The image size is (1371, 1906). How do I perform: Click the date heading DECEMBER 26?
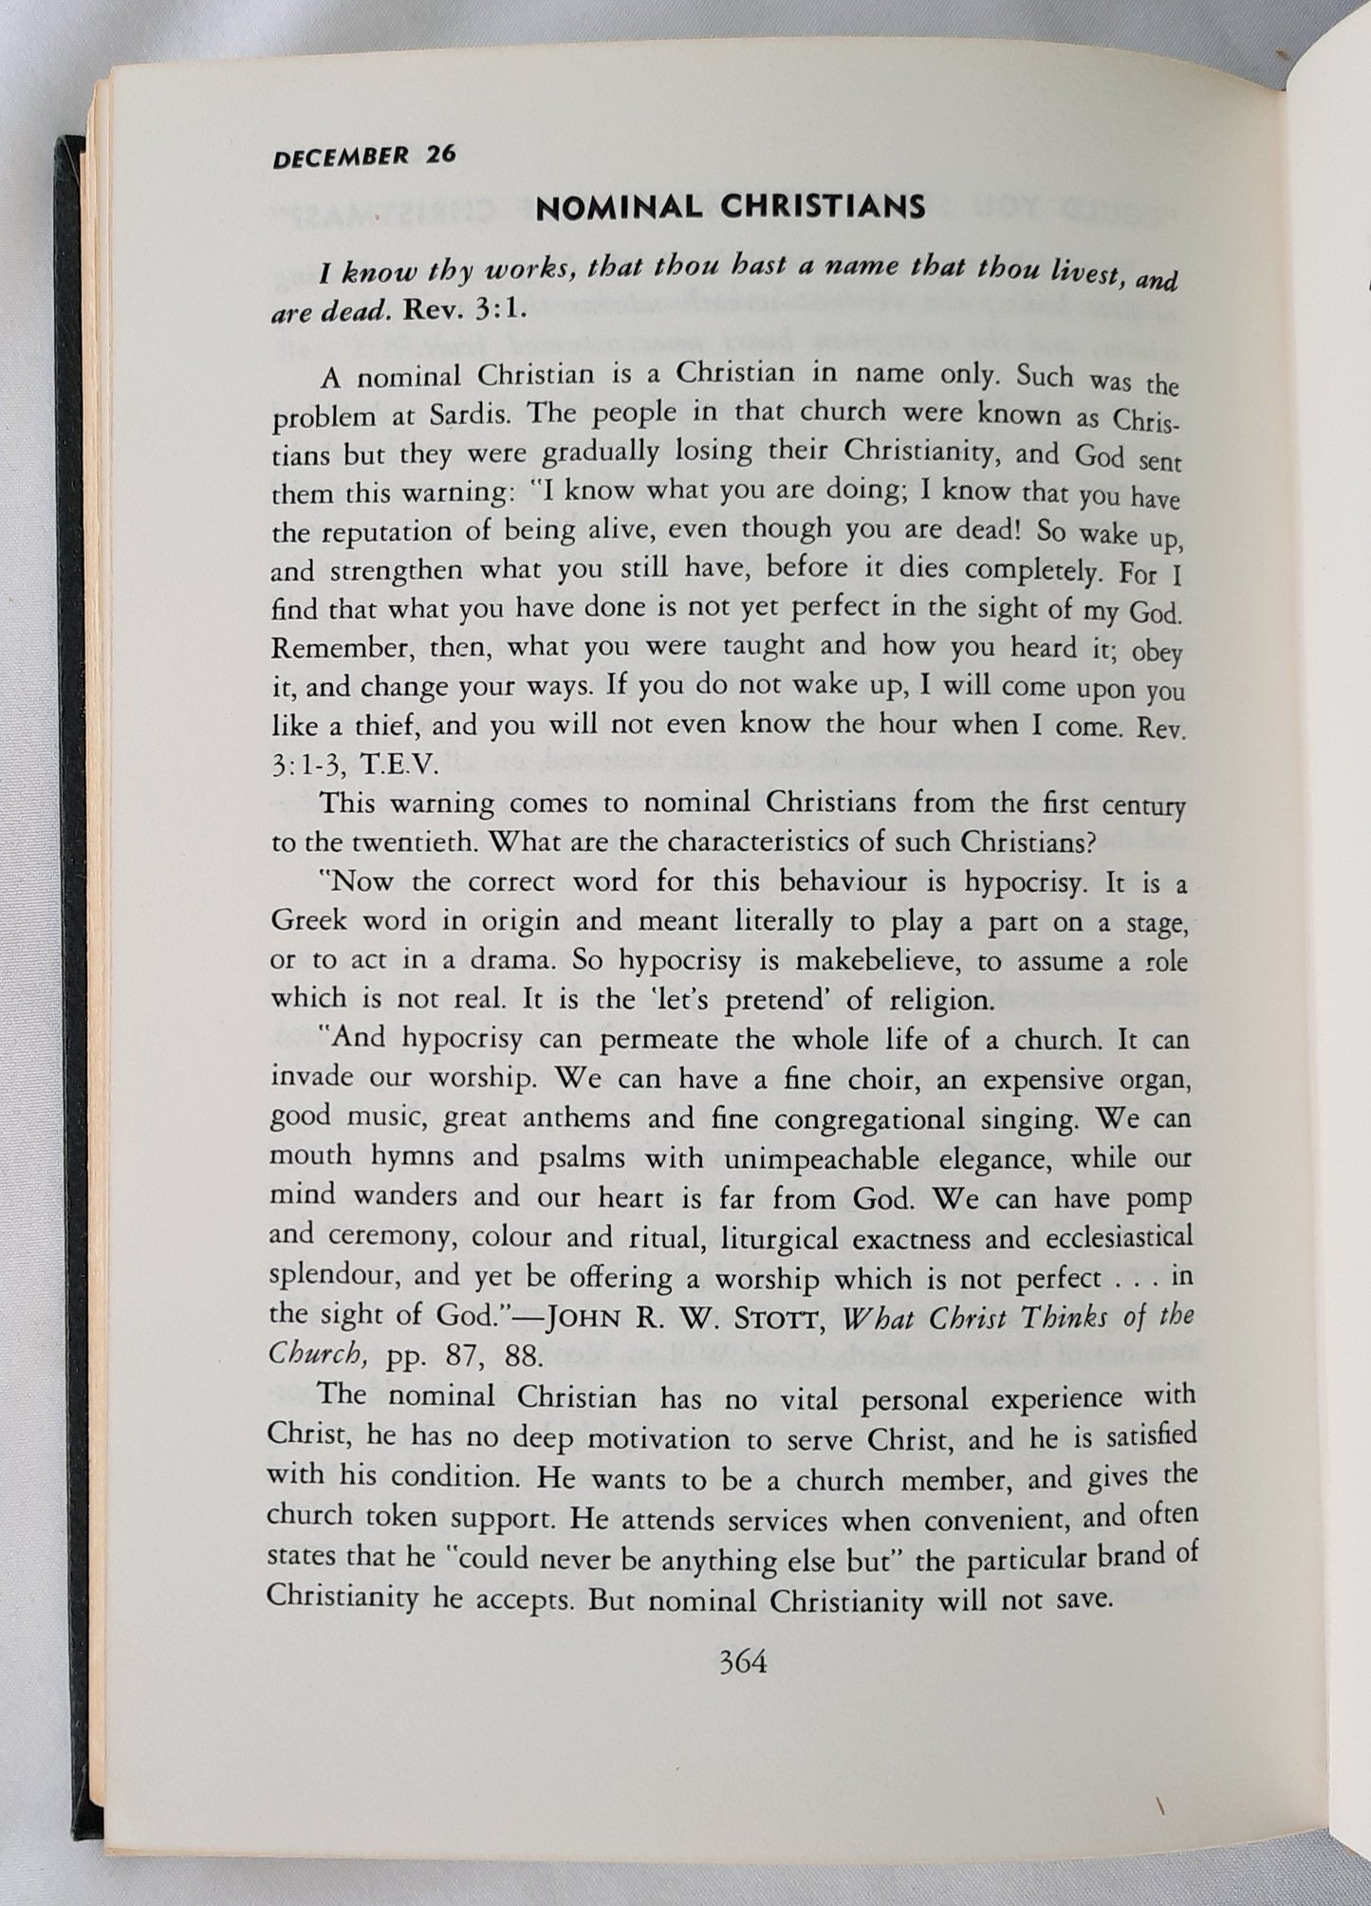click(x=363, y=156)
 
